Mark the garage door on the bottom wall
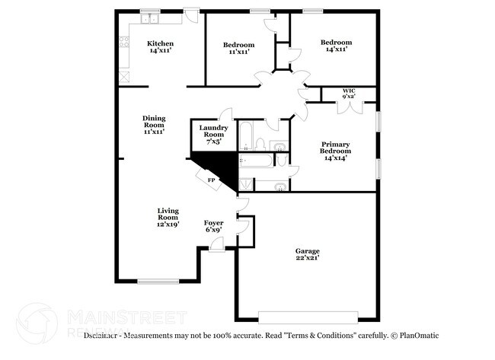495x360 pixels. point(308,316)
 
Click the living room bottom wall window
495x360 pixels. point(158,282)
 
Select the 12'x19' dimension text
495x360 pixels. point(168,225)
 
